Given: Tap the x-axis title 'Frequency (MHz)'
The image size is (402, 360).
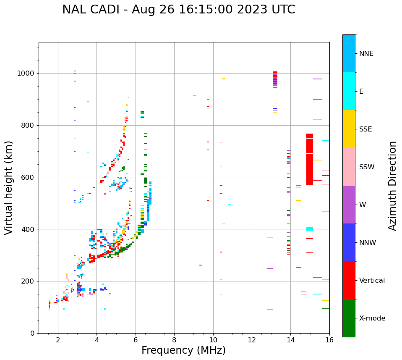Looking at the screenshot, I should click(x=183, y=350).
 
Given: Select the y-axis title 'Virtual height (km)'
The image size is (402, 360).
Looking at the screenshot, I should click(x=9, y=188).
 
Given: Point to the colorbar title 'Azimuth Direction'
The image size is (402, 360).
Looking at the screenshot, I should click(x=392, y=186).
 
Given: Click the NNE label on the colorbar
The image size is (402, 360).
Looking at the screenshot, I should click(x=366, y=54).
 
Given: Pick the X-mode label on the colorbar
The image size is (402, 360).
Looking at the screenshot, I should click(x=372, y=318).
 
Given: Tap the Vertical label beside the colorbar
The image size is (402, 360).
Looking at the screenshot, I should click(x=372, y=281).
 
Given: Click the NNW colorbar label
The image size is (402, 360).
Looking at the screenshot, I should click(x=368, y=243).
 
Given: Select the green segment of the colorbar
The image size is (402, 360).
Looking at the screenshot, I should click(x=349, y=318).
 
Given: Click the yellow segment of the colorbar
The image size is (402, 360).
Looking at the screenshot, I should click(x=349, y=129).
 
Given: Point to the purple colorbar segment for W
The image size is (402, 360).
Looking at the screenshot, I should click(x=349, y=205).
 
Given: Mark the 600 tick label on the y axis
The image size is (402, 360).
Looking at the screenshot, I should click(x=29, y=177).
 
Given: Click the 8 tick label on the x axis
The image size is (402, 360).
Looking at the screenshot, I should click(x=174, y=340).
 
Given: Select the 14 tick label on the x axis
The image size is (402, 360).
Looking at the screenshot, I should click(x=290, y=340).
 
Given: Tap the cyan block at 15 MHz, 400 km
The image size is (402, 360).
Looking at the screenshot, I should click(x=310, y=229).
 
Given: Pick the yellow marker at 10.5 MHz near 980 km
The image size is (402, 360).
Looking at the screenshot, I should click(x=224, y=79).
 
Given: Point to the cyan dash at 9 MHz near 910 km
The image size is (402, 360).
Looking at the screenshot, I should click(x=195, y=96).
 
